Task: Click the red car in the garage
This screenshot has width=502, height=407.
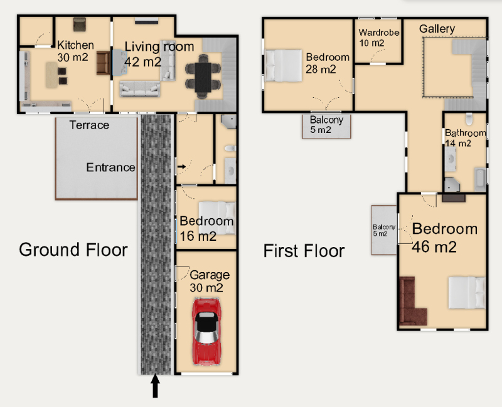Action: pos(206,332)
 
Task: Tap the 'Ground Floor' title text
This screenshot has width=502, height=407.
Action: pos(73,250)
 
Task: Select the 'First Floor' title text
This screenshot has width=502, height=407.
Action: pos(304,251)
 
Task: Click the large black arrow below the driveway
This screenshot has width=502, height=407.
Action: pos(155,386)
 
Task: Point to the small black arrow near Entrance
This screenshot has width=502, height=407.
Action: pos(181,166)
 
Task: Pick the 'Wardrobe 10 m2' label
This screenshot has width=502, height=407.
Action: pos(379,38)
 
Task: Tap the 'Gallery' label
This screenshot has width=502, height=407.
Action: pos(437,29)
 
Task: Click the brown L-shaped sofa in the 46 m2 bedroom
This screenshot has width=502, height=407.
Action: pos(412,302)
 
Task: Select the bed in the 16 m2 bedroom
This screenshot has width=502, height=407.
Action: pos(217,218)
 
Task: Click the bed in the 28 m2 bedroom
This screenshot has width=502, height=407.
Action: pos(284,65)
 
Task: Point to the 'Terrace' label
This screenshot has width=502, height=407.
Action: pos(89,125)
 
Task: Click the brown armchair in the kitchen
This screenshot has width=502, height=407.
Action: pos(103,63)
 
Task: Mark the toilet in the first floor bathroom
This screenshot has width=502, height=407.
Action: pos(469,119)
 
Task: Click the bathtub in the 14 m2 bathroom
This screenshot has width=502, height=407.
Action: pos(479,179)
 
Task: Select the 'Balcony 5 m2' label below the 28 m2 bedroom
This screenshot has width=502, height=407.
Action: pos(326,125)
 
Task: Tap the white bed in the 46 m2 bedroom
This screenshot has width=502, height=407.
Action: pos(467,292)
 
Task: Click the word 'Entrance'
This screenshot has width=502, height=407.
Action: pos(111,167)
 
